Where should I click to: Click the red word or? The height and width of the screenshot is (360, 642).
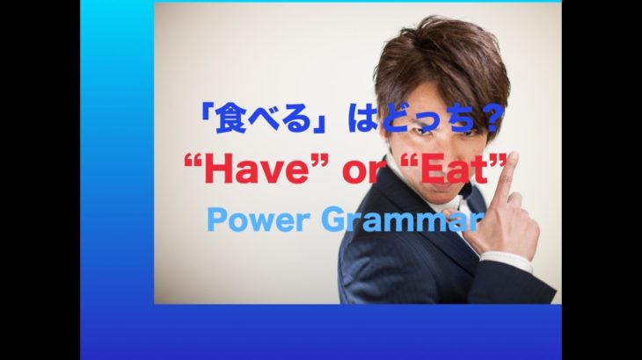pos(361,172)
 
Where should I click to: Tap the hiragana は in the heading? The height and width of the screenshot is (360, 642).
pos(361,120)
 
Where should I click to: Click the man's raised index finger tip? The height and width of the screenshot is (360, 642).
pos(512,156)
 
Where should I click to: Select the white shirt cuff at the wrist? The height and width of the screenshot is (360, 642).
pos(506,260)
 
